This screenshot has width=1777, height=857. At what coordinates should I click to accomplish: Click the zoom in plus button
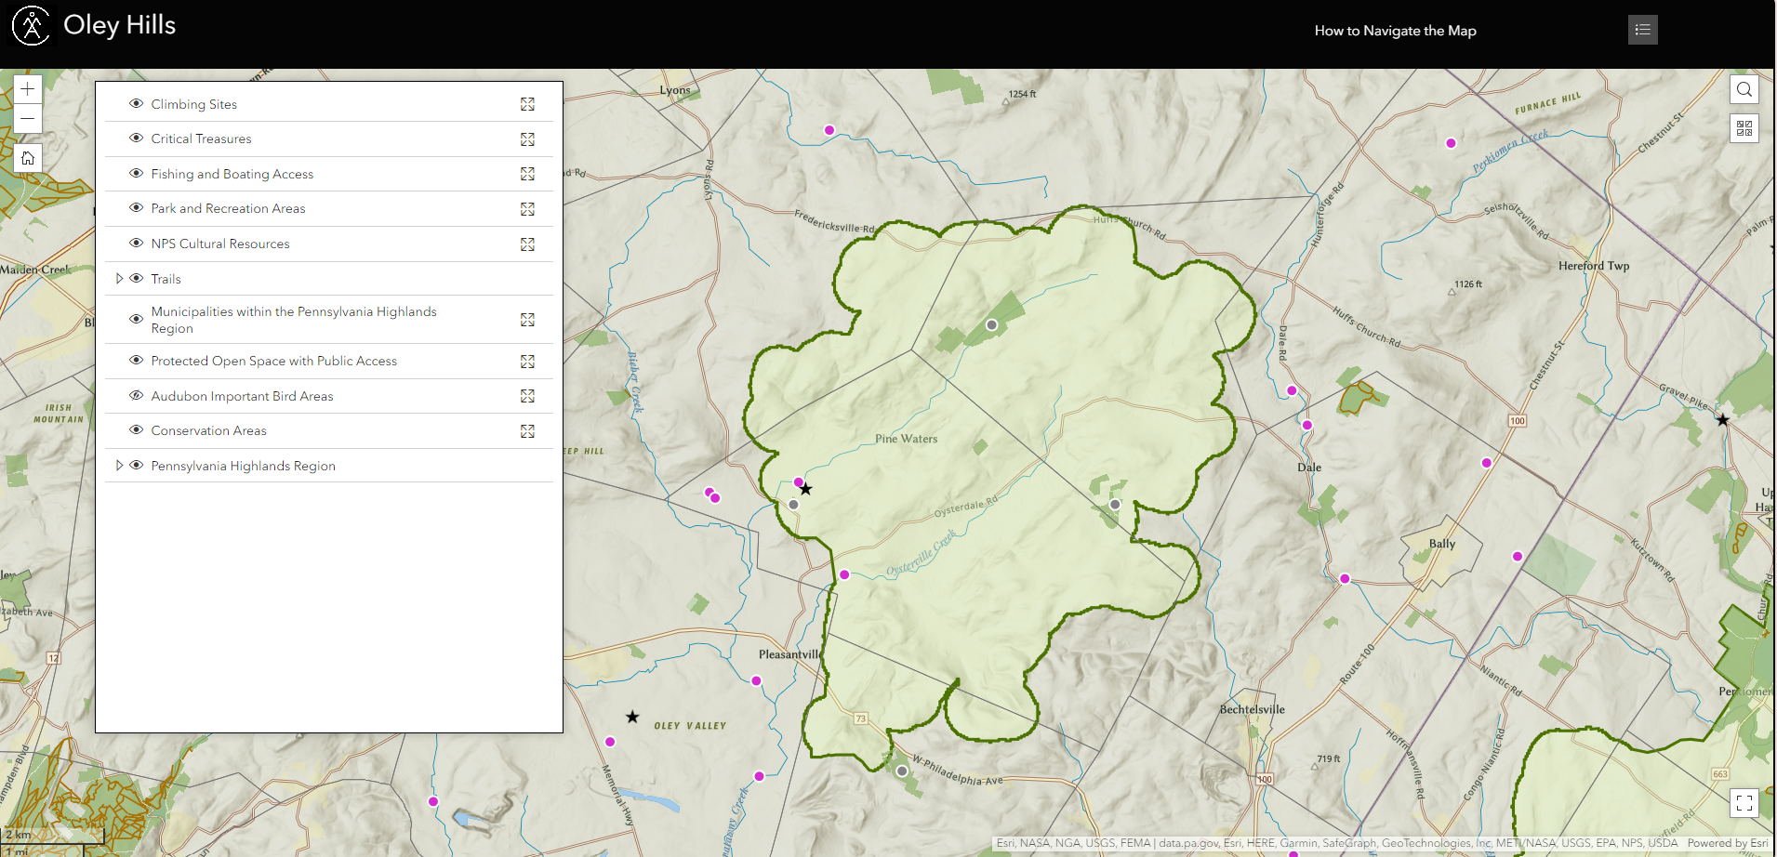(28, 89)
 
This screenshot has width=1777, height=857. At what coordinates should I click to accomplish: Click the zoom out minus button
(28, 119)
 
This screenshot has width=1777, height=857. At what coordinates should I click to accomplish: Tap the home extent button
(28, 158)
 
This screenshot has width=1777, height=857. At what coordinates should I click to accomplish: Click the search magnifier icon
(1744, 89)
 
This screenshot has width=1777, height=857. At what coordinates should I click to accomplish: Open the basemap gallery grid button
(1744, 128)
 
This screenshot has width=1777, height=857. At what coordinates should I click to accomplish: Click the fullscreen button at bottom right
(1744, 803)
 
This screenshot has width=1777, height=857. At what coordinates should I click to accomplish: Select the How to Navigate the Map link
(1395, 31)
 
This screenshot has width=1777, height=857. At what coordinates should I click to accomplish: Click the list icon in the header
(1643, 30)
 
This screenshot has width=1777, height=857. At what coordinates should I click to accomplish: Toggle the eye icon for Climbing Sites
(136, 104)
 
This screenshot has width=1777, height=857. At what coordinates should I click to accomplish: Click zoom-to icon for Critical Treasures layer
(527, 139)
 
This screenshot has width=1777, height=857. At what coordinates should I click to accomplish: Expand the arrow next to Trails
(119, 279)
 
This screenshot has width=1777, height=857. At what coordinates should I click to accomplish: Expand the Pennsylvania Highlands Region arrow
(119, 466)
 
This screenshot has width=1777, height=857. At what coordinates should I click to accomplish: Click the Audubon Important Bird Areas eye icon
(136, 396)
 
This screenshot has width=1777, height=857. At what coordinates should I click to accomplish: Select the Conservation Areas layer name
(208, 431)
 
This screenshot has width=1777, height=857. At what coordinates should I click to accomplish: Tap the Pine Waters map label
(906, 439)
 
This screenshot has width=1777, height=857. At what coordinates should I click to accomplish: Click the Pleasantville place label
(789, 654)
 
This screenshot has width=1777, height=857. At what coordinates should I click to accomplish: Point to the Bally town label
(1441, 544)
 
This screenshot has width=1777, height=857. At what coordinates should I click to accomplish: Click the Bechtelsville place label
(1252, 709)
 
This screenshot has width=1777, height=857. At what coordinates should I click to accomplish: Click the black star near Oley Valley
(632, 717)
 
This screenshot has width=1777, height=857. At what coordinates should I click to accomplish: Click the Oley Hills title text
(119, 25)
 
